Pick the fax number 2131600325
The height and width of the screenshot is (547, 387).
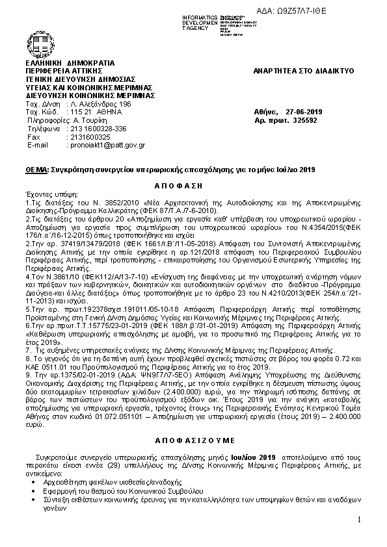pyautogui.click(x=88, y=137)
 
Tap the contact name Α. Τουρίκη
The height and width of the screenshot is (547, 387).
pyautogui.click(x=90, y=120)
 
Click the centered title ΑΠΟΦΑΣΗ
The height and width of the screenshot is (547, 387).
pyautogui.click(x=193, y=184)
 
